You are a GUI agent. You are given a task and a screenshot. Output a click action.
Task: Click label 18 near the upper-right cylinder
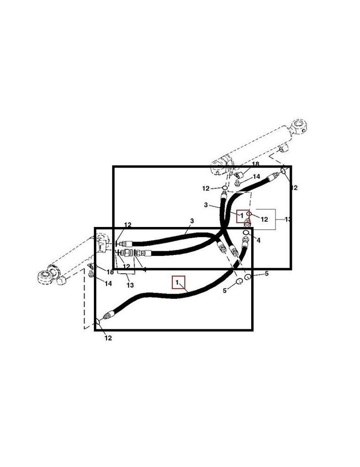coord(255,164)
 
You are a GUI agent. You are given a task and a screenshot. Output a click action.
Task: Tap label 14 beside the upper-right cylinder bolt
coord(256,177)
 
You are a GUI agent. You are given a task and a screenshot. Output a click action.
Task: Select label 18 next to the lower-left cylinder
coord(110,272)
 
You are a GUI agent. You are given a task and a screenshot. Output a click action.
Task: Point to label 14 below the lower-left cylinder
coord(108,283)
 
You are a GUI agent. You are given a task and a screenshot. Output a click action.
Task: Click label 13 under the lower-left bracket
coord(130,285)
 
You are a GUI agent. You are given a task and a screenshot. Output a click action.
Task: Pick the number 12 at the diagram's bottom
coord(108,338)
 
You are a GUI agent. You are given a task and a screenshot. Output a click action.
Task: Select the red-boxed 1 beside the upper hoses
coord(241,216)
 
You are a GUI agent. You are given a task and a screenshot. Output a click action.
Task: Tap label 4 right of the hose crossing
coord(258,241)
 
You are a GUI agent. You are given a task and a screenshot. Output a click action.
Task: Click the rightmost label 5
coord(267,274)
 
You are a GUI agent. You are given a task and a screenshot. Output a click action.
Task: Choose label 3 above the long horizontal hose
coord(191,220)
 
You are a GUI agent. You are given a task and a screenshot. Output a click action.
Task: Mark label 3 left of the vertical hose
coord(205,205)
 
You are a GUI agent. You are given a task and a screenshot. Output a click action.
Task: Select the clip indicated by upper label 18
coord(240,173)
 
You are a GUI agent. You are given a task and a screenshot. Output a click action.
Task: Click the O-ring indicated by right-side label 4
coord(246,233)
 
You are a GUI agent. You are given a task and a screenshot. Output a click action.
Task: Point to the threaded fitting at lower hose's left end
coord(108,316)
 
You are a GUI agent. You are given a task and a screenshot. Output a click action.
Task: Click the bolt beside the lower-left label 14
coord(92,273)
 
